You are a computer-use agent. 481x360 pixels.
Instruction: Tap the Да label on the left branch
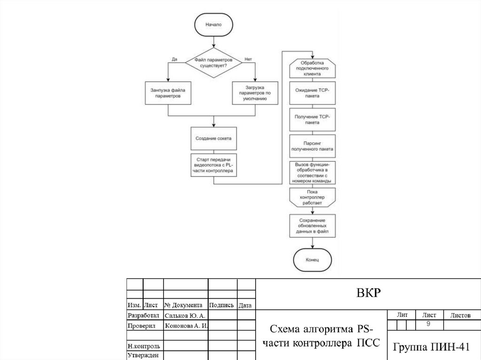[x=174, y=59]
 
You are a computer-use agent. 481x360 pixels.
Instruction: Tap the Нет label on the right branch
[x=248, y=59]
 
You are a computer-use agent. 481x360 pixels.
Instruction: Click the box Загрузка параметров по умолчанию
[x=255, y=93]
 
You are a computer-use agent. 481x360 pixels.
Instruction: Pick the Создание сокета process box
[x=213, y=138]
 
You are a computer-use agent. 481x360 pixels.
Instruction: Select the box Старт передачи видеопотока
[x=213, y=165]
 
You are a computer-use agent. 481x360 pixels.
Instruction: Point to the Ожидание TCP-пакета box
[x=312, y=92]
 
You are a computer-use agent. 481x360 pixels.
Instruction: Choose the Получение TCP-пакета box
[x=312, y=119]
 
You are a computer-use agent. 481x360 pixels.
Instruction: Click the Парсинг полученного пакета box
[x=312, y=146]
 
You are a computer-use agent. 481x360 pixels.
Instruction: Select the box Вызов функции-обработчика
[x=312, y=173]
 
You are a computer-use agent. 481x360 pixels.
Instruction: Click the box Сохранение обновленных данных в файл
[x=312, y=226]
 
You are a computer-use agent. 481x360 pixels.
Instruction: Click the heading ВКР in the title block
[x=367, y=293]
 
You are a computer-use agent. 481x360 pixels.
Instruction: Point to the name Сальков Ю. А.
[x=184, y=315]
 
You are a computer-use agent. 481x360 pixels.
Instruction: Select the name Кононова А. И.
[x=186, y=326]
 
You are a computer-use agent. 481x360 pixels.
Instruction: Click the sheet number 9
[x=428, y=325]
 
